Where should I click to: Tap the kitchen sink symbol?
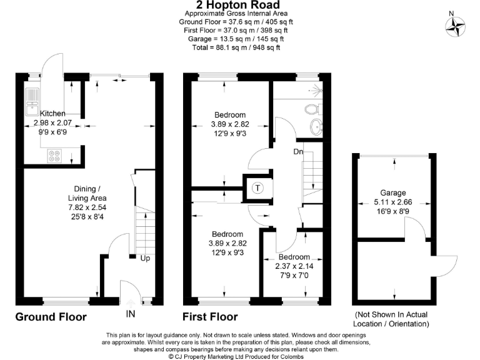pyautogui.click(x=31, y=102)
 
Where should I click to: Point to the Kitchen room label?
pyautogui.click(x=52, y=113)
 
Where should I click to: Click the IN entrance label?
pyautogui.click(x=130, y=314)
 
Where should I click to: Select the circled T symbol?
pyautogui.click(x=257, y=187)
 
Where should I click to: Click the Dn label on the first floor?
pyautogui.click(x=299, y=151)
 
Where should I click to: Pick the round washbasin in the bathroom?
pyautogui.click(x=317, y=127)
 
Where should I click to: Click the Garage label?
pyautogui.click(x=392, y=192)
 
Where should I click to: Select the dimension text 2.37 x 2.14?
pyautogui.click(x=294, y=266)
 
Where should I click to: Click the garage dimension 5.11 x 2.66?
pyautogui.click(x=392, y=202)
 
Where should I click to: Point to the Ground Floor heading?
pyautogui.click(x=51, y=317)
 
